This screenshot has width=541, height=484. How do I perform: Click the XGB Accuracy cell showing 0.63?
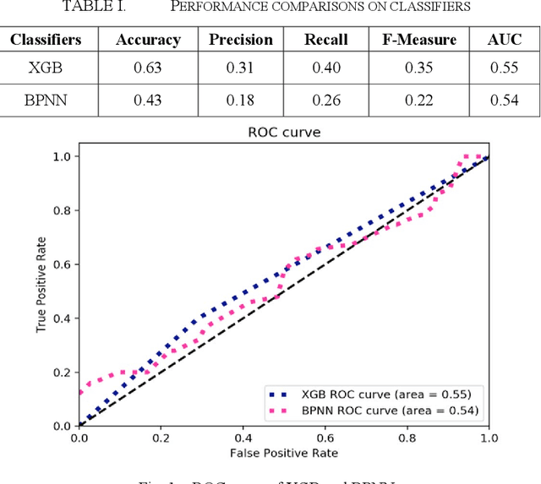[x=148, y=68]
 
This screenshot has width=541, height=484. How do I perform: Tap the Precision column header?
[x=241, y=40]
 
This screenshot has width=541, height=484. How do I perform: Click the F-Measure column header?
[x=421, y=40]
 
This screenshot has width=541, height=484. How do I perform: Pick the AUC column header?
[x=505, y=40]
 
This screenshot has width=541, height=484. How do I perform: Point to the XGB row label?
[x=46, y=68]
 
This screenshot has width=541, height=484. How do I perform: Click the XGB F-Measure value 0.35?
[x=421, y=68]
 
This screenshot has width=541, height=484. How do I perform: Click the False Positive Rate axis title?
[x=282, y=454]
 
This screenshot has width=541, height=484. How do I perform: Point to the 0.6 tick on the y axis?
[x=63, y=264]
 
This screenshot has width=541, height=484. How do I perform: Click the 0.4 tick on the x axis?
[x=242, y=438]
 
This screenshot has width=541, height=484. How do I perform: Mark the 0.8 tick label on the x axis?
[x=406, y=438]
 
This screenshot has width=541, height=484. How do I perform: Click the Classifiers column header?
[x=46, y=40]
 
